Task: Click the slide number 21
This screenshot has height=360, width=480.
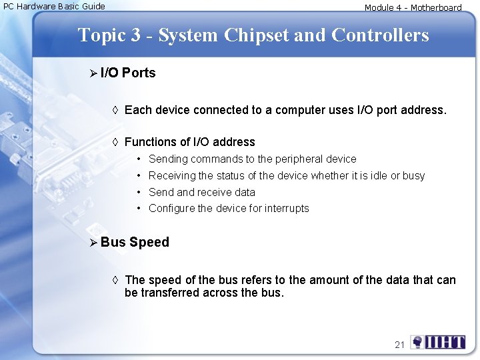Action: pos(399,345)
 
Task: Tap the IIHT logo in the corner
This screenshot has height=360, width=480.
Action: pos(438,343)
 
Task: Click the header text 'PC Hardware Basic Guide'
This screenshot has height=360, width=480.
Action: pos(54,7)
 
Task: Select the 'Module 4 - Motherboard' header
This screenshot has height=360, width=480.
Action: pos(413,8)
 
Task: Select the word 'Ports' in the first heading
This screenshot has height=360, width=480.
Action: pos(139,73)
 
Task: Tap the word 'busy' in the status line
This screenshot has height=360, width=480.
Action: pos(413,176)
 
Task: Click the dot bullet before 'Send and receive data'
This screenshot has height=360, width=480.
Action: pos(139,192)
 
